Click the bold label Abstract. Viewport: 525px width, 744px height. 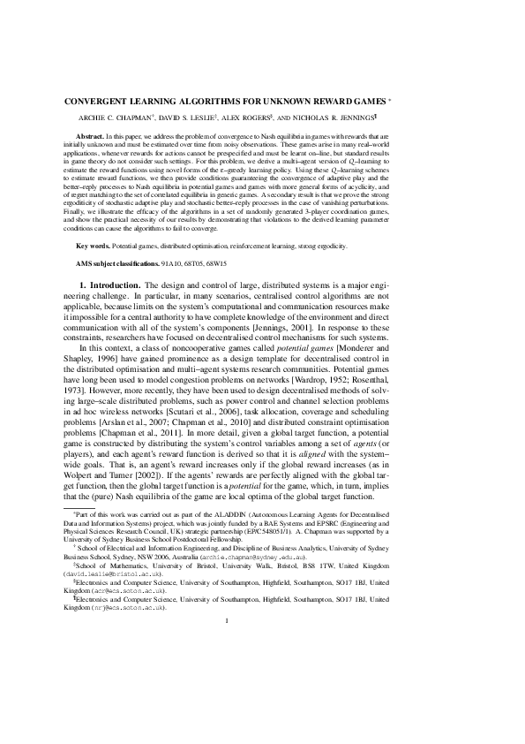[89, 137]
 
